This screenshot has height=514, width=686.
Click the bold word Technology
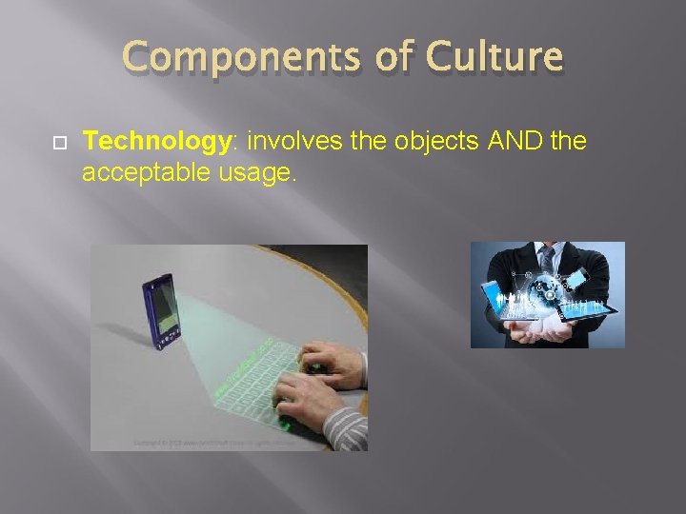click(157, 143)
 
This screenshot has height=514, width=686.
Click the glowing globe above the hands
click(548, 295)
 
